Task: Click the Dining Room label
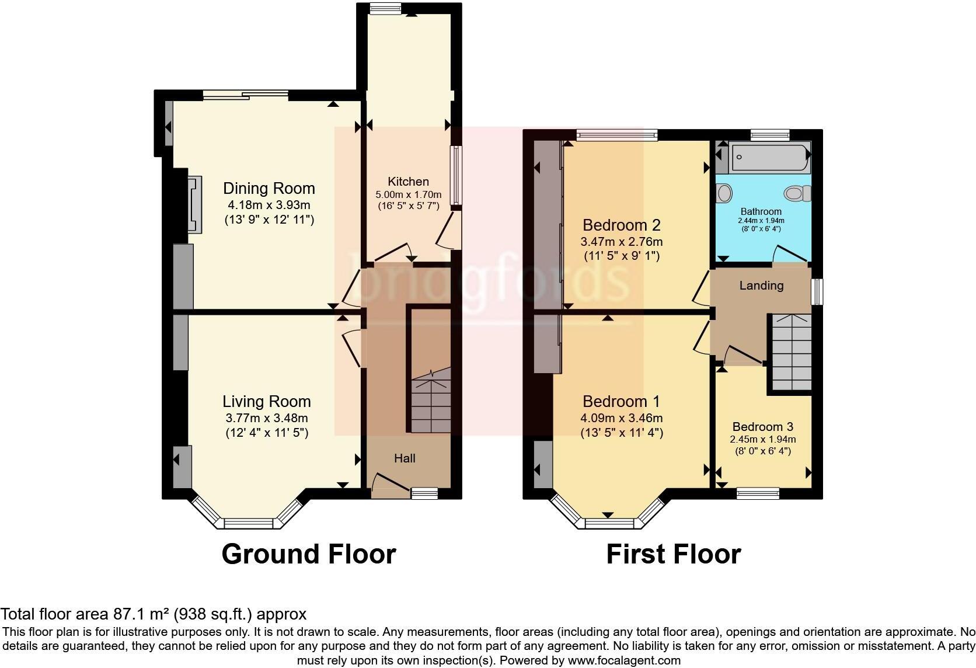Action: click(x=269, y=189)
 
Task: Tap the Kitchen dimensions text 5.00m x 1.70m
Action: click(x=408, y=194)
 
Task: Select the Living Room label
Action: click(x=266, y=402)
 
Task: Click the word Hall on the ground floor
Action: click(x=405, y=458)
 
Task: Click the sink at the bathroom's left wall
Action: click(x=724, y=193)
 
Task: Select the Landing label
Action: click(x=761, y=286)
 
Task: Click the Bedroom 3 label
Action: click(x=762, y=427)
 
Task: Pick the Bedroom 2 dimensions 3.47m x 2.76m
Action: click(x=621, y=241)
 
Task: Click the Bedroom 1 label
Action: click(x=621, y=402)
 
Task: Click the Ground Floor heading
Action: click(x=309, y=554)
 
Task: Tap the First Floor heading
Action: click(x=673, y=554)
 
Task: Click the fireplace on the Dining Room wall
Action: click(x=194, y=204)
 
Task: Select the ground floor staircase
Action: click(x=431, y=403)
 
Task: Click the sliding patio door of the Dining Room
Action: click(x=245, y=93)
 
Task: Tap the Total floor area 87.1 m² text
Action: click(x=153, y=614)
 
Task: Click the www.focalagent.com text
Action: click(x=624, y=661)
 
